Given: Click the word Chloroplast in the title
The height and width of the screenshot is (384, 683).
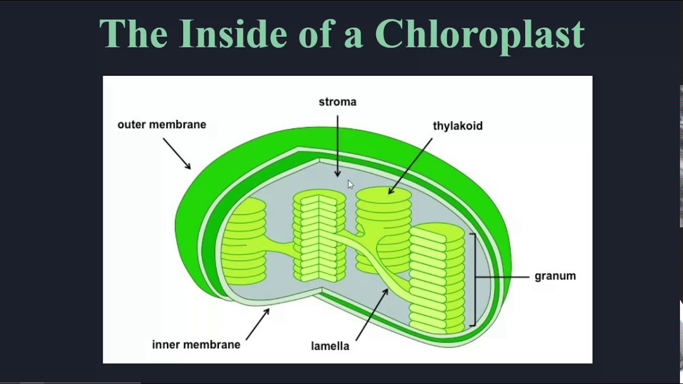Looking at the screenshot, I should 479,34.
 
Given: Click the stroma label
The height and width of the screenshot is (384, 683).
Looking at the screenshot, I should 337,102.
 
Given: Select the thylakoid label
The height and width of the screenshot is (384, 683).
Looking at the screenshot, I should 457,126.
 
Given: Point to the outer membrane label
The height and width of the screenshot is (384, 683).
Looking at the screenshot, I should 162,125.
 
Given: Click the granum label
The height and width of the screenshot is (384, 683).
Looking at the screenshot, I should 555,276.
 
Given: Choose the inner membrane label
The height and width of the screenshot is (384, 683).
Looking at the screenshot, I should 196,345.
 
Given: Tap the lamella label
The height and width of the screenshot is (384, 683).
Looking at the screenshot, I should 330,346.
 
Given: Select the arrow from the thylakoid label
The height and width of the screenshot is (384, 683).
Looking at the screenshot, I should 411,165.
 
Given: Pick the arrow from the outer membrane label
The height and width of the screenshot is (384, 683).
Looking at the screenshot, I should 177,154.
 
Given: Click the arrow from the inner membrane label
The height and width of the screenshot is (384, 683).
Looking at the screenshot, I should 258,324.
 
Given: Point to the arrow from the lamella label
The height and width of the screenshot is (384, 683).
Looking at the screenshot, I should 372,314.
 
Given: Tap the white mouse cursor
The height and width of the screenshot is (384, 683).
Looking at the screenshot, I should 350,185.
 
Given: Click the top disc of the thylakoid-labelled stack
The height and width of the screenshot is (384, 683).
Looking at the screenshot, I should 383,194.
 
